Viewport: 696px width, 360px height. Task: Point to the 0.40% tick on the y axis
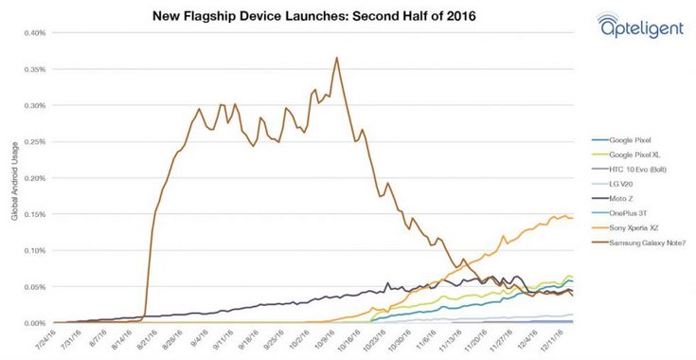click(x=34, y=33)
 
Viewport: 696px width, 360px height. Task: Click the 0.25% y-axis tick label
click(x=34, y=142)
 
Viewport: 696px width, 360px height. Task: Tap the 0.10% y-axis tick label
click(x=34, y=251)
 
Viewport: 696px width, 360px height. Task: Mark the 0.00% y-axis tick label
click(x=34, y=323)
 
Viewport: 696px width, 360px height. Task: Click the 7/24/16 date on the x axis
click(x=44, y=339)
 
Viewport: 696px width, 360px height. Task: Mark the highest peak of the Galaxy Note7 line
click(x=336, y=58)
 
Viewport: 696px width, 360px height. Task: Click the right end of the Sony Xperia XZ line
click(x=572, y=218)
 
